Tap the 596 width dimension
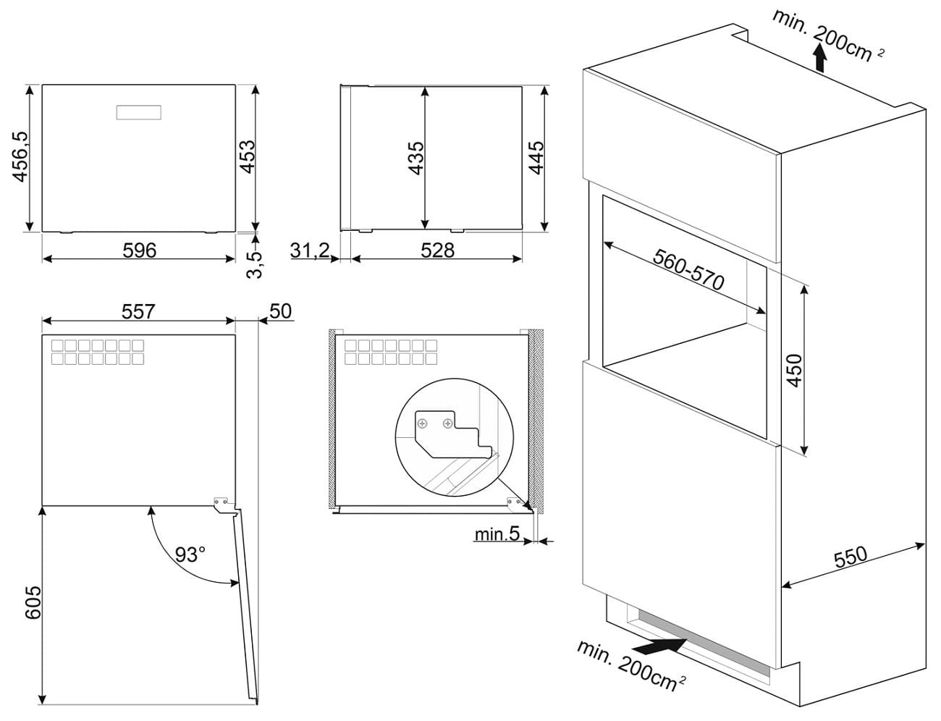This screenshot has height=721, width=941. pyautogui.click(x=139, y=250)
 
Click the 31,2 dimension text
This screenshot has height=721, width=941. pyautogui.click(x=309, y=250)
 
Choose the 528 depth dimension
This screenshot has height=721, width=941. pyautogui.click(x=436, y=250)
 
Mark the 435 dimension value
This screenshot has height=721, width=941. pyautogui.click(x=416, y=158)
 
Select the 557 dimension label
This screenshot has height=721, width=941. pyautogui.click(x=138, y=311)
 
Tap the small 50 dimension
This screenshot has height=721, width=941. pyautogui.click(x=279, y=311)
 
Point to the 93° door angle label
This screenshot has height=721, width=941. pyautogui.click(x=190, y=555)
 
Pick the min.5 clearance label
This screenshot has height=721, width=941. pyautogui.click(x=497, y=534)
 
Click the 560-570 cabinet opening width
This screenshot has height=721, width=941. pyautogui.click(x=688, y=270)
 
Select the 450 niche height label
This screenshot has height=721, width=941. pyautogui.click(x=794, y=370)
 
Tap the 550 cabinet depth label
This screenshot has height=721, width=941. pyautogui.click(x=850, y=557)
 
